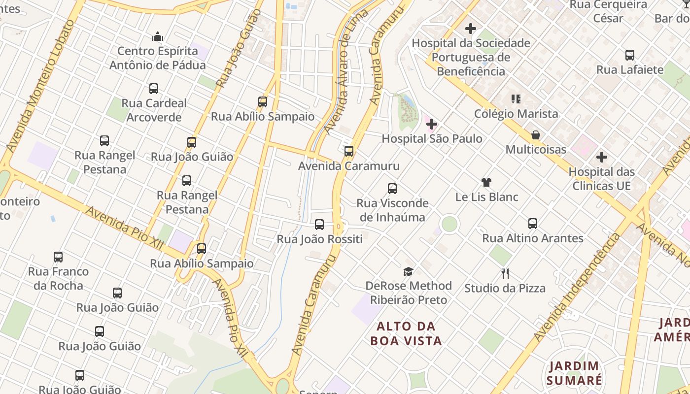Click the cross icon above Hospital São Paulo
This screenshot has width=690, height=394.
432,124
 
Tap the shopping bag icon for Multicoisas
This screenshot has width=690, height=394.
536,135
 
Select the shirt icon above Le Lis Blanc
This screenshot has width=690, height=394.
486,182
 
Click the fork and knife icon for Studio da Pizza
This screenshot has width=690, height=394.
505,274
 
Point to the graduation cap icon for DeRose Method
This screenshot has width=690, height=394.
408,271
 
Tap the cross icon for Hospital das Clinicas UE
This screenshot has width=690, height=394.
601,158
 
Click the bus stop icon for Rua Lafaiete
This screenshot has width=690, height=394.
629,55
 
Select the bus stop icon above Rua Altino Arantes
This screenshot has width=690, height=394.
533,224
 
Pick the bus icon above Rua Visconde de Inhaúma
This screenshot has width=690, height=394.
392,189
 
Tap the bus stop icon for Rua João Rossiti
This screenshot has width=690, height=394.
319,225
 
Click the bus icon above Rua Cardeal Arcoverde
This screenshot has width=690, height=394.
154,89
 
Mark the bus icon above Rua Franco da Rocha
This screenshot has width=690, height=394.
58,257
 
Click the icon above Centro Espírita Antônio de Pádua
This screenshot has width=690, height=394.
158,36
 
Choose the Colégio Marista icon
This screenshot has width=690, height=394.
516,99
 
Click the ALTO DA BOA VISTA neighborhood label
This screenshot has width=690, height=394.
406,333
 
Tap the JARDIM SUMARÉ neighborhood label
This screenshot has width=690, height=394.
574,373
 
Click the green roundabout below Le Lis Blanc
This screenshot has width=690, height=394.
449,224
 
